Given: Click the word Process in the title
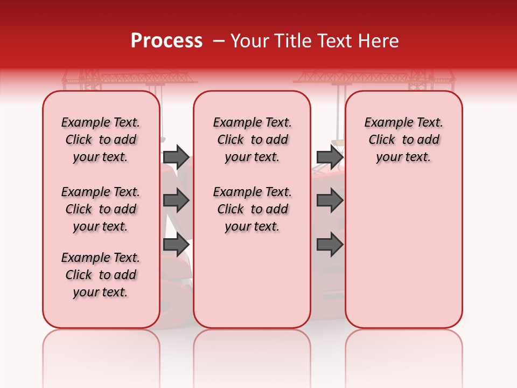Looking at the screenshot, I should point(166,41).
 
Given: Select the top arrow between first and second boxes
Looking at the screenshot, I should point(176,157).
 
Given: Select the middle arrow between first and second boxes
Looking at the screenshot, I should point(176,201).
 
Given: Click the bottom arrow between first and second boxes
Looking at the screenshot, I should point(176,245).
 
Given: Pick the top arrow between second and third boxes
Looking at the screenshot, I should point(330,157).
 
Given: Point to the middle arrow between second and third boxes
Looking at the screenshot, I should point(330,201).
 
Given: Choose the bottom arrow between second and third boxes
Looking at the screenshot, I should point(330,245).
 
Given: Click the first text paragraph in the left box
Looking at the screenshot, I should point(101,140).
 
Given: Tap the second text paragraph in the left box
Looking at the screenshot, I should point(101,209).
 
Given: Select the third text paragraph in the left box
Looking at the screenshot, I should point(101,275).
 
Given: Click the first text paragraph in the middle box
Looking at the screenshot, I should point(252,140).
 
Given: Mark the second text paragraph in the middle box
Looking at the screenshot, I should point(252,209).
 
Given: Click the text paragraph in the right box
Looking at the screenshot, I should point(403,140).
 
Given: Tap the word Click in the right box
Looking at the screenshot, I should point(382,140).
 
